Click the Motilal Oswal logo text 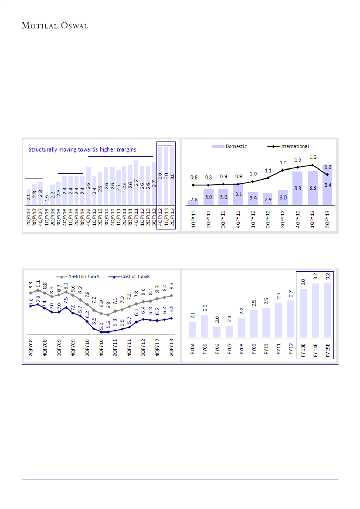[x=55, y=26]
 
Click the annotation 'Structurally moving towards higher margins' [x=82, y=149]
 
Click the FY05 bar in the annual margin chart [x=204, y=326]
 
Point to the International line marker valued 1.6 [x=312, y=165]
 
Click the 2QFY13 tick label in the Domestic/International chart [x=328, y=219]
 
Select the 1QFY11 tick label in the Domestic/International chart [x=194, y=219]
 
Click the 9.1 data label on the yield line [x=38, y=283]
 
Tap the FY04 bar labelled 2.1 [x=192, y=330]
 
